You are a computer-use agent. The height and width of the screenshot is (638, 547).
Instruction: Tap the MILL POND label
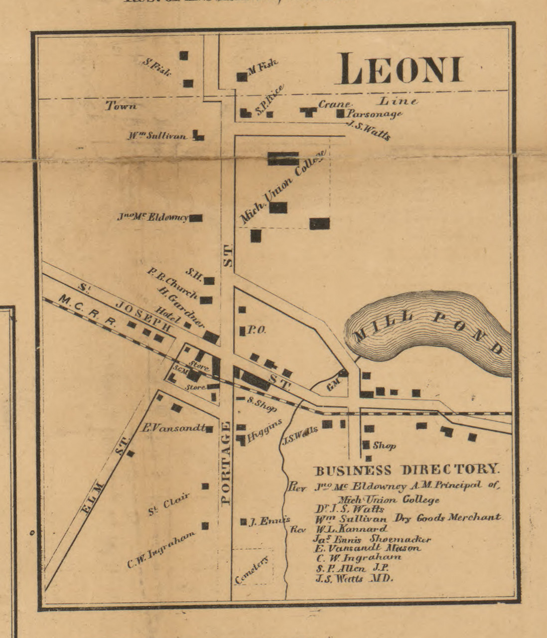point(428,331)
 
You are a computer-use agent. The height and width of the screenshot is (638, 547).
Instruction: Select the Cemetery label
point(253,570)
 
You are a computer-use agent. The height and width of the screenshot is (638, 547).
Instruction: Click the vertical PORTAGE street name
point(226,463)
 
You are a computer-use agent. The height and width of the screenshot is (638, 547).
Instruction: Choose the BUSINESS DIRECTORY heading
point(406,470)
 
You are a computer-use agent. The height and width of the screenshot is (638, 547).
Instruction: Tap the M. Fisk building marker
point(242,77)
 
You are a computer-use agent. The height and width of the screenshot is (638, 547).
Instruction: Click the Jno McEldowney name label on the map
point(152,217)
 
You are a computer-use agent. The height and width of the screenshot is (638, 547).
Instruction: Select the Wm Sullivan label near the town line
point(156,136)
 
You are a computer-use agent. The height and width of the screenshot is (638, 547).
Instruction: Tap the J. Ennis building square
point(243,522)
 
